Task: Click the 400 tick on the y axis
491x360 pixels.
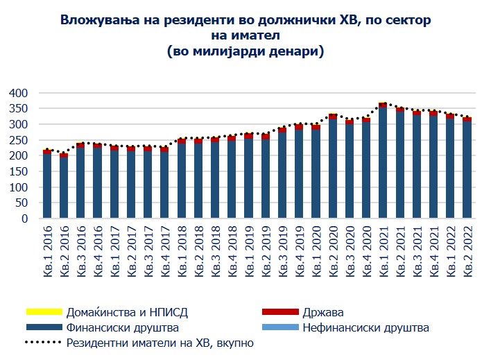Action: pos(18,93)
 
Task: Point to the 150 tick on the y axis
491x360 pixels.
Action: pos(18,171)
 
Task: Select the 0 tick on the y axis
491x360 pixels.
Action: pos(24,218)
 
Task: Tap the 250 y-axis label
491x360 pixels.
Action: pos(18,140)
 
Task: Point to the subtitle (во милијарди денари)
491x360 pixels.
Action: pos(245,52)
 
